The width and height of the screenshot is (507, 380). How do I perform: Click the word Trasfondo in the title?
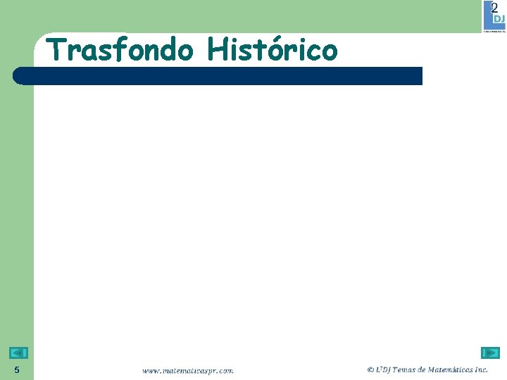(x=120, y=50)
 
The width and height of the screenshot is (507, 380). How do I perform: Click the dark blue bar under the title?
(x=218, y=76)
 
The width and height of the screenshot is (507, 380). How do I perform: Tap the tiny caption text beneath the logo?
(x=494, y=30)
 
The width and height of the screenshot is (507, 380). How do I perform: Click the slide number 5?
(x=16, y=370)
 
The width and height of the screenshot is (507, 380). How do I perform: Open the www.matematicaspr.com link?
(x=188, y=369)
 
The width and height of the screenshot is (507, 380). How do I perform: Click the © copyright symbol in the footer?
(x=370, y=369)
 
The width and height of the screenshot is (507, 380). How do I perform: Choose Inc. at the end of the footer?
(x=482, y=369)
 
